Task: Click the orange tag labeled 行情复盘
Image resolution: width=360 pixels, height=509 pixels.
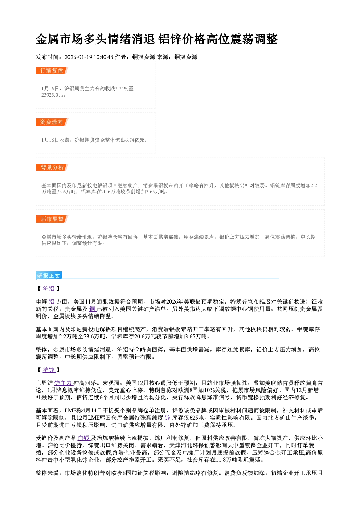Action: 52,70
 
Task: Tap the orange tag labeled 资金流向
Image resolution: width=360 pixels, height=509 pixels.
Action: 52,122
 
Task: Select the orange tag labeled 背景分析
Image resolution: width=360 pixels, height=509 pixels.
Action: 52,167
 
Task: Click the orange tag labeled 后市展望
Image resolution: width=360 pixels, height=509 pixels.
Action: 52,219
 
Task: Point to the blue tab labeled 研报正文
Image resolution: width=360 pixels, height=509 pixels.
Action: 49,275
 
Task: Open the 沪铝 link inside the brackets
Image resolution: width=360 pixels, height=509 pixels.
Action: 49,288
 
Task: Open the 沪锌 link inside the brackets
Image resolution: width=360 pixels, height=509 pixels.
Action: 49,370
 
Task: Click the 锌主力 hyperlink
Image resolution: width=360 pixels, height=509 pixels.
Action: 64,383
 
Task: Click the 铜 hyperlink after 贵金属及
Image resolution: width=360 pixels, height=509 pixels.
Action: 93,309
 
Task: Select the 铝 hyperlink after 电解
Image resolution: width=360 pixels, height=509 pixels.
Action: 52,302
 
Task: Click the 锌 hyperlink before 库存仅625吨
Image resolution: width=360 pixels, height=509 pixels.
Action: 168,418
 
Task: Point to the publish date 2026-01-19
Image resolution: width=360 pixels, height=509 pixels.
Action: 78,57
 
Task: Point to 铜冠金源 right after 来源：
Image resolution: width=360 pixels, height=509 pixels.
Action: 186,57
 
